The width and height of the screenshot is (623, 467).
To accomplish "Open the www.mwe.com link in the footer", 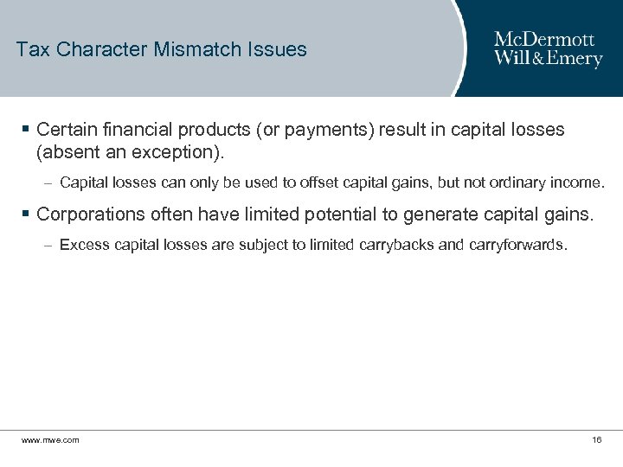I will pyautogui.click(x=50, y=440).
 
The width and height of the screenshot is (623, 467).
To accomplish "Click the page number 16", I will pyautogui.click(x=596, y=440).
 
